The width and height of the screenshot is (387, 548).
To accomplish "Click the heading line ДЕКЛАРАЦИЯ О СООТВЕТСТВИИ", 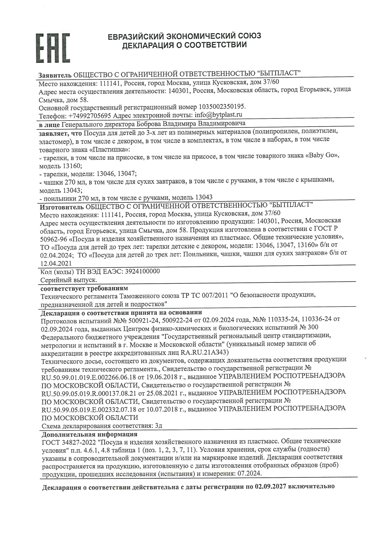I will pos(184,45).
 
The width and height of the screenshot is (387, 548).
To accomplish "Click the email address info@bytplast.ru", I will pos(218,115).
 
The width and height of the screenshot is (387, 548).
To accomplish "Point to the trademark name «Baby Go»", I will pos(322,155).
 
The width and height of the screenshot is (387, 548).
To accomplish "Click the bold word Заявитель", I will pos(55,75).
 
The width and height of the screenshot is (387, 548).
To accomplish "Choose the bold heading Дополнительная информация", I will pos(90,434).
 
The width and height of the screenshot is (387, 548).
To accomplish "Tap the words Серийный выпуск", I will pos(69,279).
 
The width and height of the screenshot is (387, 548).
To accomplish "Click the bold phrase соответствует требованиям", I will pos(84,288).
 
